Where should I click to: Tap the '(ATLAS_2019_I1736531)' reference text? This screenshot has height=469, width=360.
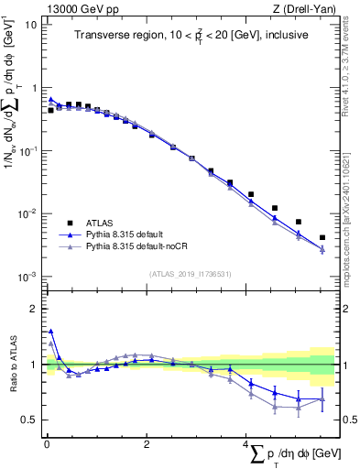[x=190, y=272]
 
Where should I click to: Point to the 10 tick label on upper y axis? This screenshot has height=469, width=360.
[x=30, y=25]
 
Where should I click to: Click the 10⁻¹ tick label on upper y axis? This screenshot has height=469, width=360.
[x=28, y=151]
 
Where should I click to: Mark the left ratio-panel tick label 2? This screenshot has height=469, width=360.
[x=33, y=309]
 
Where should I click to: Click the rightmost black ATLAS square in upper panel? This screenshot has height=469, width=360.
[x=322, y=237]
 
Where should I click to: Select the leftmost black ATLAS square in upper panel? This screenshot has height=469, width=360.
[x=50, y=110]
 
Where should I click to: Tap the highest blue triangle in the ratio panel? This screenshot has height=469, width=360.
[x=50, y=332]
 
